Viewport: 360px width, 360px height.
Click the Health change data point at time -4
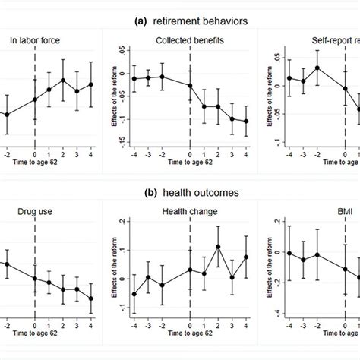(134, 294)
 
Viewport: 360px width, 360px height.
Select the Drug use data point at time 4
(91, 298)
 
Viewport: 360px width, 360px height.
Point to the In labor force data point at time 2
(63, 80)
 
